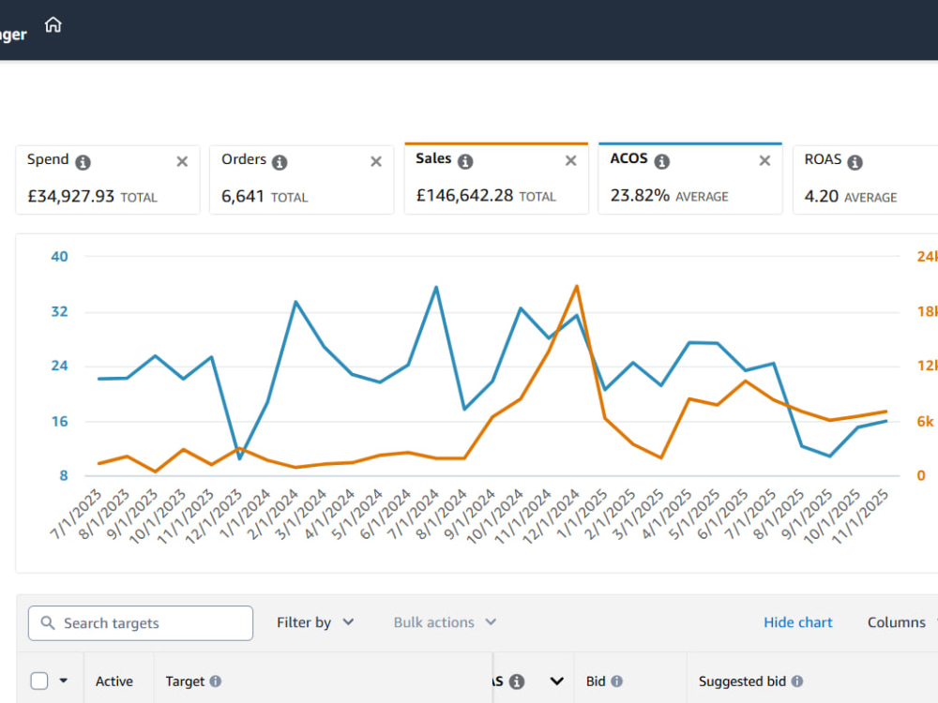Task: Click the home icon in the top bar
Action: pyautogui.click(x=53, y=25)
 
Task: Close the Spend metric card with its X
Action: pyautogui.click(x=183, y=161)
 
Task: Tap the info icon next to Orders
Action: pyautogui.click(x=280, y=162)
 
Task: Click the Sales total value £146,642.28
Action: pyautogui.click(x=465, y=196)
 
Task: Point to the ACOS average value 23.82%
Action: pyautogui.click(x=640, y=196)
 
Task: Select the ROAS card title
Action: pyautogui.click(x=823, y=159)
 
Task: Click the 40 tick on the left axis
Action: pyautogui.click(x=59, y=257)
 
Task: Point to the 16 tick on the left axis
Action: pyautogui.click(x=59, y=422)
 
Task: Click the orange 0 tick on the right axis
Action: pyautogui.click(x=921, y=475)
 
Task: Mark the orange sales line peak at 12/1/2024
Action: pyautogui.click(x=577, y=286)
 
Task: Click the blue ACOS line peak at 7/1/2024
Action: pyautogui.click(x=436, y=288)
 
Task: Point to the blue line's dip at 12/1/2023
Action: pyautogui.click(x=240, y=458)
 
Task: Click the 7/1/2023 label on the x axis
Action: pyautogui.click(x=76, y=514)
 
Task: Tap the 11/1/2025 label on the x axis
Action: pyautogui.click(x=860, y=516)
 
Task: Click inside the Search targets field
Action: pyautogui.click(x=141, y=623)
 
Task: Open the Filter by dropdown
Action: pyautogui.click(x=315, y=622)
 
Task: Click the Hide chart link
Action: pyautogui.click(x=798, y=622)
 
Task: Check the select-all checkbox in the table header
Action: pyautogui.click(x=39, y=681)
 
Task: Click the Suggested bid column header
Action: pyautogui.click(x=742, y=681)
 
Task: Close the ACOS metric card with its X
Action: pyautogui.click(x=764, y=161)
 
